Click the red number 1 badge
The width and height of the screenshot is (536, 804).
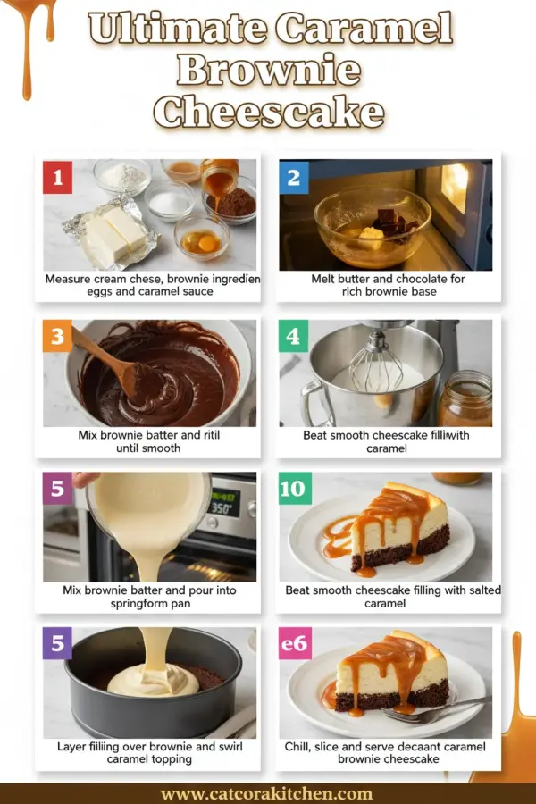[58, 177]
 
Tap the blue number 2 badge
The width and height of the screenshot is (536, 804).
[294, 177]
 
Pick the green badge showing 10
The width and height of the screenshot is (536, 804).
[294, 489]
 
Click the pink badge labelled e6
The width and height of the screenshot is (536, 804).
[294, 643]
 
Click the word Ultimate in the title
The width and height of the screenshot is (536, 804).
[178, 29]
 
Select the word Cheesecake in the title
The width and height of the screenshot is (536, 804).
[268, 113]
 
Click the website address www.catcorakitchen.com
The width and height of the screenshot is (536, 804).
[266, 793]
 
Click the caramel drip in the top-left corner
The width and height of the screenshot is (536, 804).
[27, 45]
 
